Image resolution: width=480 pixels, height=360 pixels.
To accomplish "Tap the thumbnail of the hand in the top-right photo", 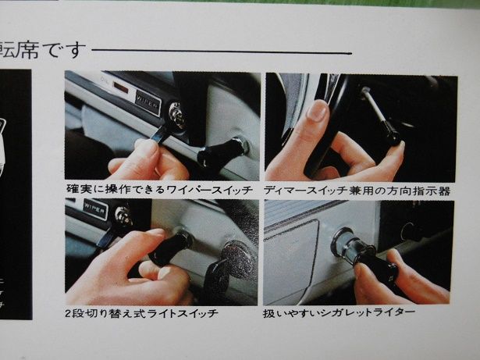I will [317, 111].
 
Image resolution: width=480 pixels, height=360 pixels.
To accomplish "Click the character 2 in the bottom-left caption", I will [69, 314].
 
